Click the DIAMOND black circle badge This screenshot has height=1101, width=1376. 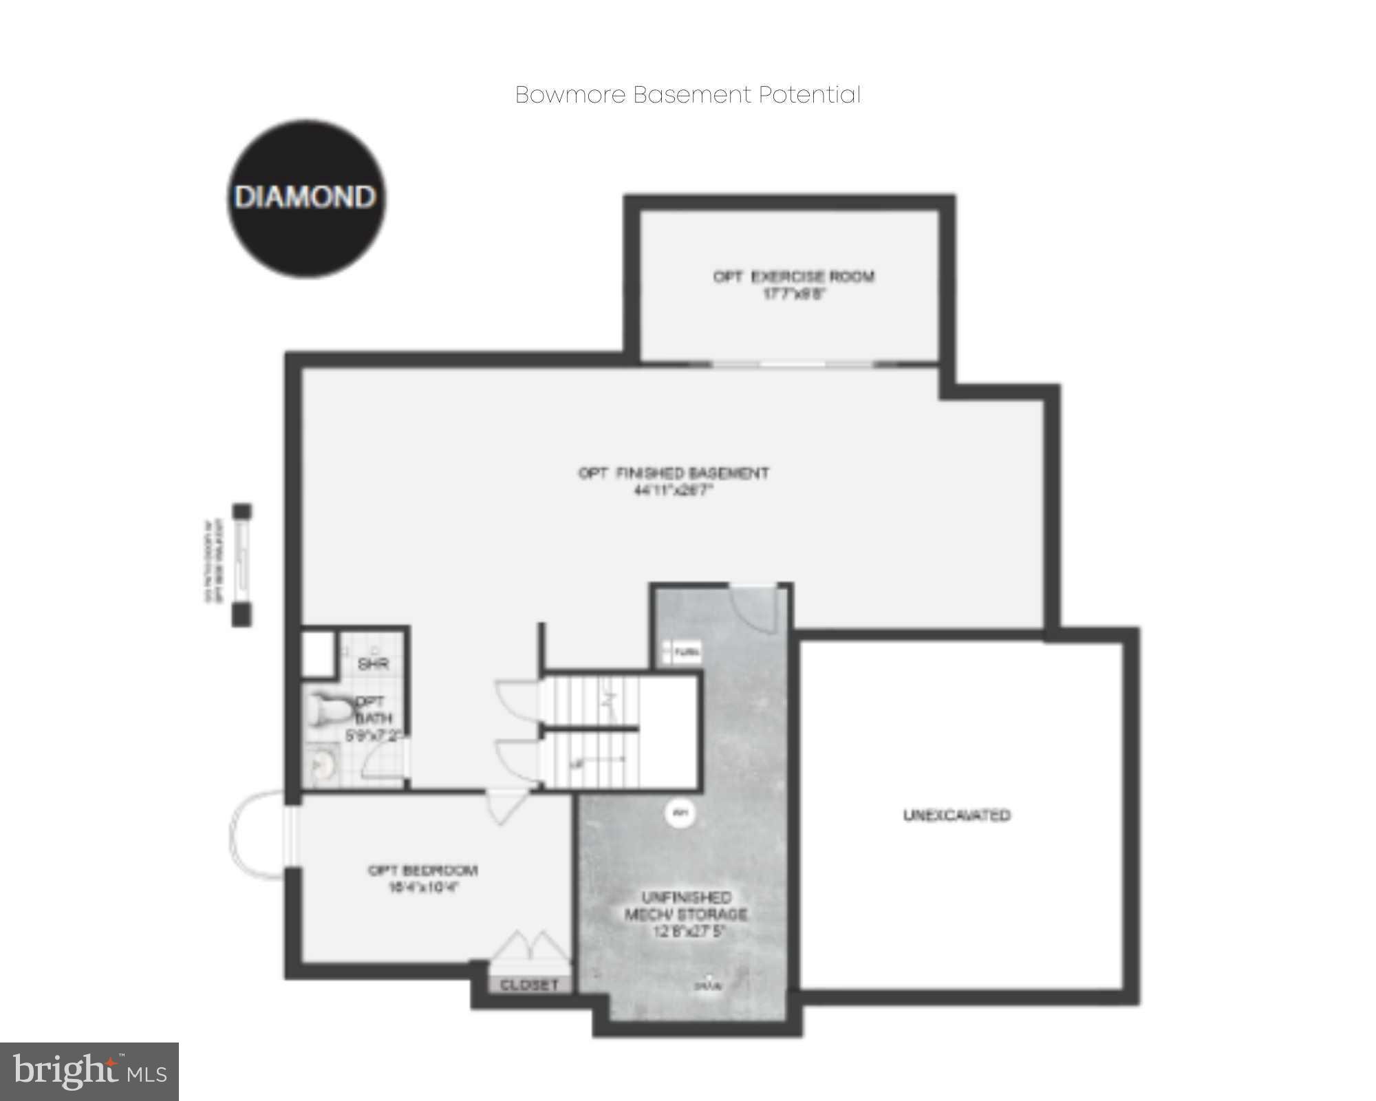306,198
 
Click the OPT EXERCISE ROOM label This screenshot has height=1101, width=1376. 793,277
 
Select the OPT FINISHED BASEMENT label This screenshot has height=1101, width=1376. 673,473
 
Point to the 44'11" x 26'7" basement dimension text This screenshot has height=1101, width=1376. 673,491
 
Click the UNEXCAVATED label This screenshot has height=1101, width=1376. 956,815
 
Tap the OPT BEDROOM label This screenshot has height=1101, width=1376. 422,870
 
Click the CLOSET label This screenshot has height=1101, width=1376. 529,985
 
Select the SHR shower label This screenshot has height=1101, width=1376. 374,664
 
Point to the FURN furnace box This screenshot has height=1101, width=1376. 681,651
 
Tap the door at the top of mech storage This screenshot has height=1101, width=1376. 755,606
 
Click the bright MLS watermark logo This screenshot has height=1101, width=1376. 89,1071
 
